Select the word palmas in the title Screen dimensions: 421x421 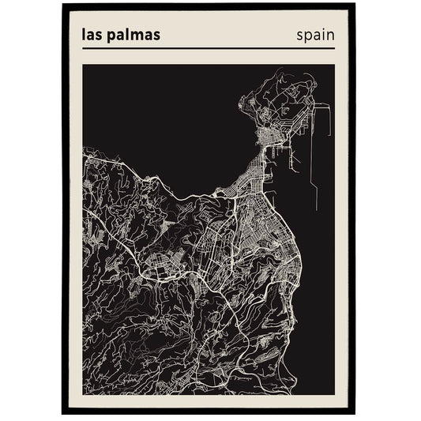(x=136, y=36)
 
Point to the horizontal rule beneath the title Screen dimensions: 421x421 (x=209, y=49)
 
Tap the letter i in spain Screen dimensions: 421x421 (x=322, y=34)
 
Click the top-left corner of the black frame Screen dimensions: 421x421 (x=62, y=6)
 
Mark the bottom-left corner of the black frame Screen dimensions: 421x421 (x=62, y=414)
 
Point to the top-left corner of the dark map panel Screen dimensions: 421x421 (x=83, y=65)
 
